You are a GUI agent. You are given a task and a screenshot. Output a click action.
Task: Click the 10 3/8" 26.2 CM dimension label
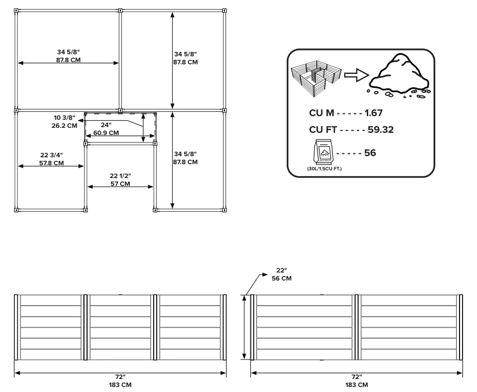[65, 122]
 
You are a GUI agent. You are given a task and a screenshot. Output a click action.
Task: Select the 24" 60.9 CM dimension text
[106, 129]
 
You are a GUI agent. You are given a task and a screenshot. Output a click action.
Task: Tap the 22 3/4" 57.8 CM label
[51, 159]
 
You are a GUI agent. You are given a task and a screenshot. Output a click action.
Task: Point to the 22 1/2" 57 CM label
[120, 180]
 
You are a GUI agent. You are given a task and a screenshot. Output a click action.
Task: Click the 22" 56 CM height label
[281, 275]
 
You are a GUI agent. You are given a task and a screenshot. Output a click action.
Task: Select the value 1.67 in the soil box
[373, 113]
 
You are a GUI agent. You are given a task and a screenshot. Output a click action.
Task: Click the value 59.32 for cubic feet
[381, 130]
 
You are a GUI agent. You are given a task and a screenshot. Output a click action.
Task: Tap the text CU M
[321, 113]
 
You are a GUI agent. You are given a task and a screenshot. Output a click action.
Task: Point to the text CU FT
[323, 130]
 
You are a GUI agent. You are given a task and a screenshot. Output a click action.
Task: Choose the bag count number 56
[370, 153]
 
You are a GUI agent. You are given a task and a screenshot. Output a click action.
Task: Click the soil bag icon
[324, 152]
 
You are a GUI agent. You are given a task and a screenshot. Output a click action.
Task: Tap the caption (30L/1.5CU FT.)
[324, 169]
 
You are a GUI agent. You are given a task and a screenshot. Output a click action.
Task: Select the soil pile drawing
[400, 75]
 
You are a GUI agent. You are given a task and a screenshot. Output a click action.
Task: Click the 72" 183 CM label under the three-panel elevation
[120, 381]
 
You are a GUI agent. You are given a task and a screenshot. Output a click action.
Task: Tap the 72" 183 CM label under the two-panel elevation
[356, 381]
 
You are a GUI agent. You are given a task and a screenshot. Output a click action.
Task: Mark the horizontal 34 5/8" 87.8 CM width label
[68, 55]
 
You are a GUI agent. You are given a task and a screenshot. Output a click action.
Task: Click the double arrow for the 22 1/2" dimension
[120, 187]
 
